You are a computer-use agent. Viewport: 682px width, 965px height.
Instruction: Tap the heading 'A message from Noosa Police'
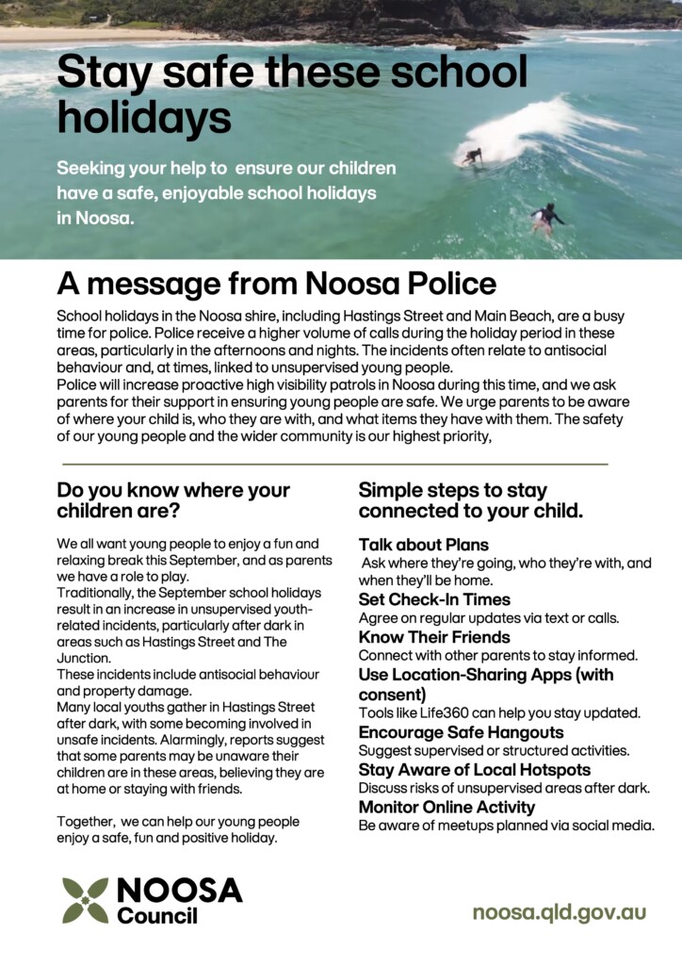[276, 284]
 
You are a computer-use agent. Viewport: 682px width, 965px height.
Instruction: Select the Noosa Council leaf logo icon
[85, 900]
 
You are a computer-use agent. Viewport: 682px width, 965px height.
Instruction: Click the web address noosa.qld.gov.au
[559, 912]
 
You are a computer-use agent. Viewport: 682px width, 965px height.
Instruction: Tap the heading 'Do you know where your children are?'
[173, 500]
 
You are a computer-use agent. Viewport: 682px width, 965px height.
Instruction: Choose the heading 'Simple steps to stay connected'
[470, 500]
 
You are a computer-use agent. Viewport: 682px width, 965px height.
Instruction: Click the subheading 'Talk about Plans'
[423, 545]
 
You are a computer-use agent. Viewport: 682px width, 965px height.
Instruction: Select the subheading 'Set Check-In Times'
[434, 599]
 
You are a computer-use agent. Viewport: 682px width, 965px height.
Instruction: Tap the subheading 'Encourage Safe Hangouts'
[461, 732]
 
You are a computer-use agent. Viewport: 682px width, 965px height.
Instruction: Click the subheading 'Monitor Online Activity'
[447, 807]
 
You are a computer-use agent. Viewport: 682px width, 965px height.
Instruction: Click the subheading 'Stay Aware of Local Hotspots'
[475, 770]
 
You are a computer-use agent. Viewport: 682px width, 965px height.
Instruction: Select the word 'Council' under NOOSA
[157, 915]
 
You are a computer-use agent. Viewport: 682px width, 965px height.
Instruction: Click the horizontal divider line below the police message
[334, 465]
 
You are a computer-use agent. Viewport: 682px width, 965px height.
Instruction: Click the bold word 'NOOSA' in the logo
[179, 891]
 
